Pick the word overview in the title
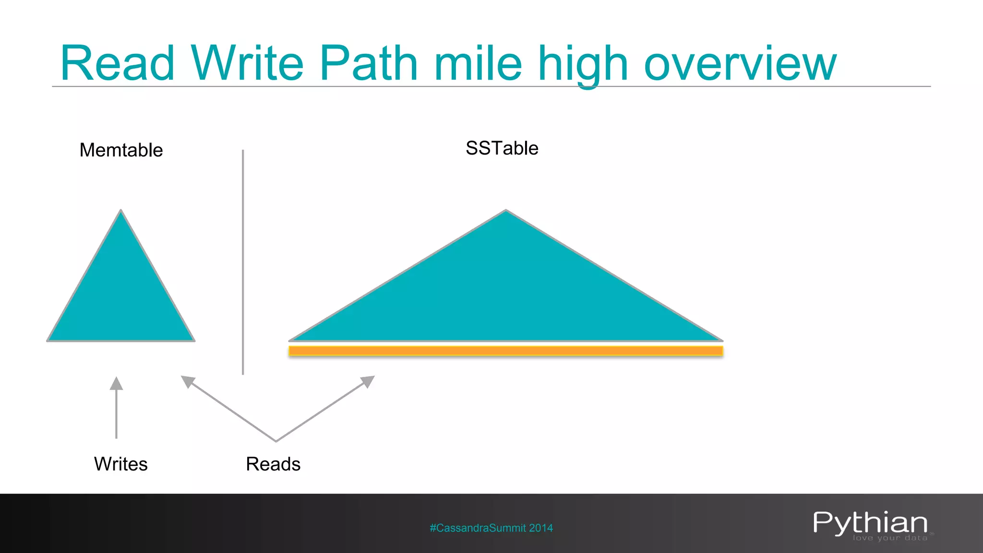click(740, 64)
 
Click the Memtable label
click(121, 150)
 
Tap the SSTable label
click(502, 148)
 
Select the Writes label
click(121, 464)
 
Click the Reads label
click(273, 464)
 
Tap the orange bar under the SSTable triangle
click(506, 351)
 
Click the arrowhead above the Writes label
click(116, 384)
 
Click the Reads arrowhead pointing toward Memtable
click(187, 381)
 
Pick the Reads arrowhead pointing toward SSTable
click(368, 381)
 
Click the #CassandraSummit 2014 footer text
click(491, 528)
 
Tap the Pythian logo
click(870, 522)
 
